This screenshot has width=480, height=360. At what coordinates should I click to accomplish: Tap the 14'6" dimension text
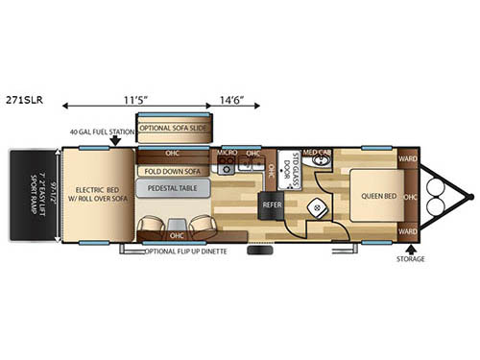point(236,98)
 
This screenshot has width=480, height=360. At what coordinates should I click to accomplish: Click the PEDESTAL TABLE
point(175,188)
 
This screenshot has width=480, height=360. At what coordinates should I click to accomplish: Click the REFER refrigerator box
point(271,204)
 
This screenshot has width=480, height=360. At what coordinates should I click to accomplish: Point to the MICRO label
point(227,153)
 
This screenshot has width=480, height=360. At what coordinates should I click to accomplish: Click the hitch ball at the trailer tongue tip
point(470,196)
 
